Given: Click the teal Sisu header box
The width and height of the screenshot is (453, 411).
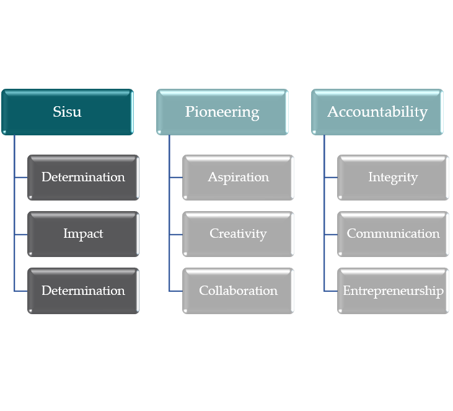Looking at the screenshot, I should pyautogui.click(x=67, y=112).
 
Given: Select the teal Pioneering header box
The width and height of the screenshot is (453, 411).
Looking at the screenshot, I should pyautogui.click(x=222, y=112).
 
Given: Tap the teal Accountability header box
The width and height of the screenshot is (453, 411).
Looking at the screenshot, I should pyautogui.click(x=377, y=112).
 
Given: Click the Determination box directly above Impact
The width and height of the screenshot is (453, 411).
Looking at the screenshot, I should pyautogui.click(x=83, y=178).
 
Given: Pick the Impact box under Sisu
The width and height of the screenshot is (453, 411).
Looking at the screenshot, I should pyautogui.click(x=83, y=234).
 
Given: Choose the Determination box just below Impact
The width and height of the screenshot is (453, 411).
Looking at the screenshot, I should pyautogui.click(x=83, y=291).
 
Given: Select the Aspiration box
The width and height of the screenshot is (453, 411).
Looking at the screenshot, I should pyautogui.click(x=238, y=178).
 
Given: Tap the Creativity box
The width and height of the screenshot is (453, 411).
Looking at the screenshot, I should pyautogui.click(x=238, y=234).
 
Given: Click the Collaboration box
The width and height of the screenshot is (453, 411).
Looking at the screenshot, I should pyautogui.click(x=238, y=291).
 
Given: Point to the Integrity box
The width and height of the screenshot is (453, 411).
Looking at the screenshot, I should pyautogui.click(x=393, y=178).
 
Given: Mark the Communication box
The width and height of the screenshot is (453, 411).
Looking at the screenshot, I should pyautogui.click(x=393, y=234).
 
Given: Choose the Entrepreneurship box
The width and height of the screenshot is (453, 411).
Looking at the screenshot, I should pyautogui.click(x=393, y=291).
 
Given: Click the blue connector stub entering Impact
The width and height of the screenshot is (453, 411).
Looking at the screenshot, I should pyautogui.click(x=21, y=234).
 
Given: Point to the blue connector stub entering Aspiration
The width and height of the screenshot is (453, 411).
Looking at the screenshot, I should pyautogui.click(x=176, y=178).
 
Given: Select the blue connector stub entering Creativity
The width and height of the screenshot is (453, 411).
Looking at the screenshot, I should pyautogui.click(x=176, y=234).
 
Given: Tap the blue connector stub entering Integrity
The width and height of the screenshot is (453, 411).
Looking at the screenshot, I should pyautogui.click(x=331, y=178).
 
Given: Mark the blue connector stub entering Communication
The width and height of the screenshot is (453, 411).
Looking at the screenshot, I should pyautogui.click(x=331, y=234).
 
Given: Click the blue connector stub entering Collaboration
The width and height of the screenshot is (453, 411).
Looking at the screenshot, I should pyautogui.click(x=176, y=291).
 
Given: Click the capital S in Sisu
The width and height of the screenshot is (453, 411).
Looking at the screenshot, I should pyautogui.click(x=56, y=112).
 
